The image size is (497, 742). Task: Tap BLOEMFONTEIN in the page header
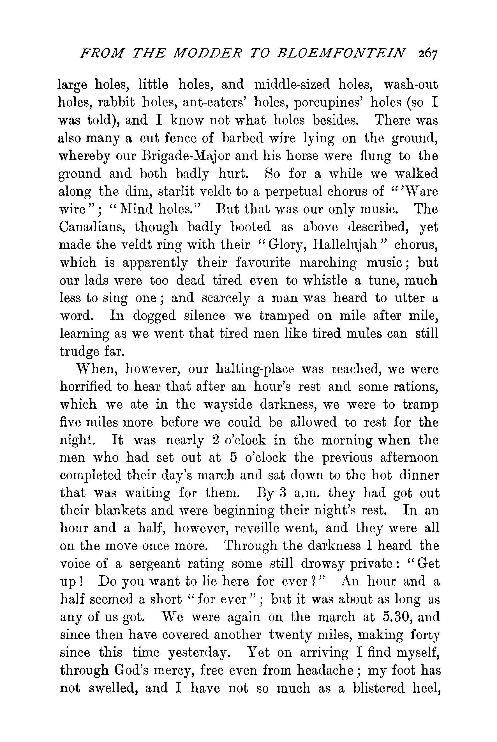(x=341, y=53)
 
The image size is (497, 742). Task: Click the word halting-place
(x=255, y=370)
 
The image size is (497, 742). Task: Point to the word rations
(x=416, y=387)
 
